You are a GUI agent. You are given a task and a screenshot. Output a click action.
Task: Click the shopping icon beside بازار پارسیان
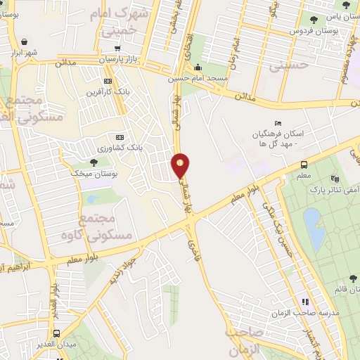point(117,49)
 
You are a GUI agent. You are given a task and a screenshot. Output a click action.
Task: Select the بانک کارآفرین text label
point(104,92)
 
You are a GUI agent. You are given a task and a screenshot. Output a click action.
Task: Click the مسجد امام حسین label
point(191,79)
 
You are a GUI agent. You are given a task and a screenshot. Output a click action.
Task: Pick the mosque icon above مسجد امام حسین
point(191,68)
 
